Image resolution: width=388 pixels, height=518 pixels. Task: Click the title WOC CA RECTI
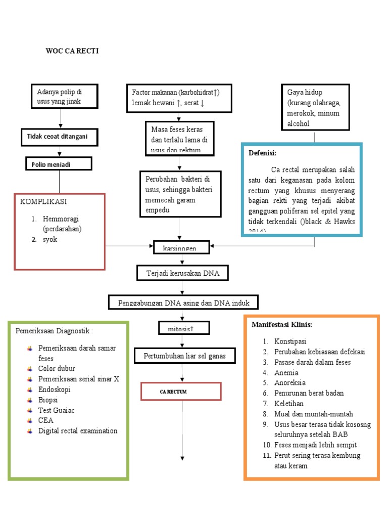72,51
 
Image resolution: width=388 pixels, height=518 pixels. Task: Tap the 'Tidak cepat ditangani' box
59,137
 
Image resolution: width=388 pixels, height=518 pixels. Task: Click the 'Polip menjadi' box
59,163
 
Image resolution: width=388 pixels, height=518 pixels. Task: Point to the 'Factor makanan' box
179,98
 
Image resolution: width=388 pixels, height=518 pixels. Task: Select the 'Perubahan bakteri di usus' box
180,194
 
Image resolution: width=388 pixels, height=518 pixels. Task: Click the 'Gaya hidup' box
314,108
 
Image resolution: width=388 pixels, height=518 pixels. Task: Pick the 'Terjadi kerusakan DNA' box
179,273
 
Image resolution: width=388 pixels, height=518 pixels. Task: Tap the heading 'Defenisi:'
263,153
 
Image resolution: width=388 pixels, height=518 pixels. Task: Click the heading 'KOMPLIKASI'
43,201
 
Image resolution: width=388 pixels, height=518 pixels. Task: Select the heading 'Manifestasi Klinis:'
282,324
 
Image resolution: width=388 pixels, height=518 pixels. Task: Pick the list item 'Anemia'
286,372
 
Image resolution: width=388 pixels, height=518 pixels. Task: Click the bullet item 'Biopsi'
48,399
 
